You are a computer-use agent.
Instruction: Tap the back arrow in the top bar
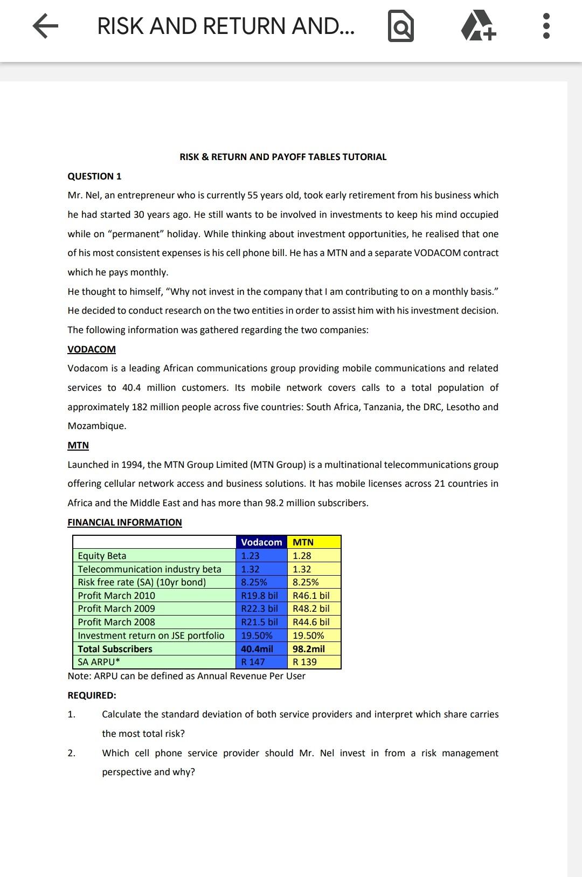tap(45, 26)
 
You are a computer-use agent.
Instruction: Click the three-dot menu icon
tap(546, 26)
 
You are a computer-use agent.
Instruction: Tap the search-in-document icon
tap(401, 26)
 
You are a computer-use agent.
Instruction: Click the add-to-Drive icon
tap(478, 26)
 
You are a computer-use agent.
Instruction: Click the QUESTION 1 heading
tap(94, 176)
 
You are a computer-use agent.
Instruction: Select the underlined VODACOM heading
tap(92, 349)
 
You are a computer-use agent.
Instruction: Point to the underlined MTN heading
tap(78, 445)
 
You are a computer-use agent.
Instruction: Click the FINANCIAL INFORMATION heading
tap(124, 522)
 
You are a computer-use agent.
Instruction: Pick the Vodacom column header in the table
tap(261, 542)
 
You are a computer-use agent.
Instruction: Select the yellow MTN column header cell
tap(314, 542)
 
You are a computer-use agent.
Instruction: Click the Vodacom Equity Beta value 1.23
tap(250, 556)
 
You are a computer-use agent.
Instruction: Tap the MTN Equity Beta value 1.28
tap(302, 556)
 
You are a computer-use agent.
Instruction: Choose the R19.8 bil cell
tap(259, 596)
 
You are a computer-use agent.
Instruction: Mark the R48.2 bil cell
tap(311, 609)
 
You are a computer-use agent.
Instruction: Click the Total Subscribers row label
tap(115, 649)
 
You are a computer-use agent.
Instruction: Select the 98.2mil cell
tap(309, 649)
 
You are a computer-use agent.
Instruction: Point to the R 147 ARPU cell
tap(253, 662)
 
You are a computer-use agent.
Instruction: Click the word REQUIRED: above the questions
tap(92, 695)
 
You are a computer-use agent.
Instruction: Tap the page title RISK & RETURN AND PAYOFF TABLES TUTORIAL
tap(283, 157)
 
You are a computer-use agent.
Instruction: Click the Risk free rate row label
tap(142, 582)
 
